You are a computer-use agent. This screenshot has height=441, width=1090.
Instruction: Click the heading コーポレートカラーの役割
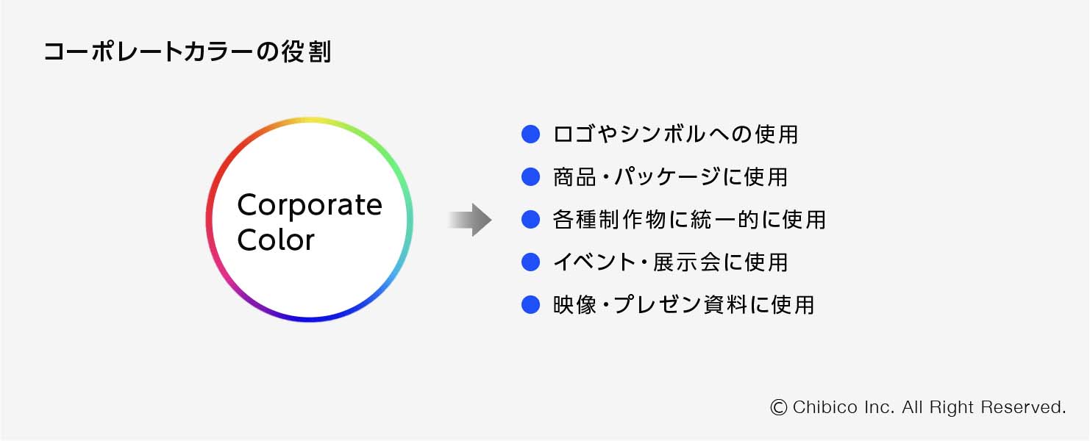(x=188, y=52)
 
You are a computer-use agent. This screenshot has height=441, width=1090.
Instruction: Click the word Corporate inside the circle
(x=310, y=205)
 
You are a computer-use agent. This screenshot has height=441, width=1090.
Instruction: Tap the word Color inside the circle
(x=276, y=240)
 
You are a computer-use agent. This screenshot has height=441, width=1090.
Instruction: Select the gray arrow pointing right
(x=471, y=220)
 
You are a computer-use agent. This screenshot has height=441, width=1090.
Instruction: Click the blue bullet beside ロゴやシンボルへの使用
(x=530, y=134)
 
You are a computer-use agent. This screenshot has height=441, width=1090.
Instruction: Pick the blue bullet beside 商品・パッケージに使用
(x=530, y=176)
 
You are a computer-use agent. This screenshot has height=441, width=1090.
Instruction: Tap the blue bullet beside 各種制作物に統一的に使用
(x=530, y=219)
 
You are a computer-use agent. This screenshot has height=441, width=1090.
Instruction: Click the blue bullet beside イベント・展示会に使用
(x=530, y=262)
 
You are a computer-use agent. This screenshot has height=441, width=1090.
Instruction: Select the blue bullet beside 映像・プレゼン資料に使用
(x=530, y=304)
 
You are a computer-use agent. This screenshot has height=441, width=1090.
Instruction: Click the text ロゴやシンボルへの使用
(x=675, y=135)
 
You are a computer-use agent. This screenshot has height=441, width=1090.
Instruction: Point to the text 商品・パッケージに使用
(x=670, y=177)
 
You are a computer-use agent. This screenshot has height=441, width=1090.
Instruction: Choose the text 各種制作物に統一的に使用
(x=689, y=220)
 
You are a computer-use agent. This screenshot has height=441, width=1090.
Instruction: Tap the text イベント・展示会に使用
(x=670, y=262)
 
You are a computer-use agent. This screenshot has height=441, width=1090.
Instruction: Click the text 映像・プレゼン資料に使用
(x=683, y=305)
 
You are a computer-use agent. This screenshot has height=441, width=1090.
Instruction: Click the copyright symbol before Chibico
(x=779, y=407)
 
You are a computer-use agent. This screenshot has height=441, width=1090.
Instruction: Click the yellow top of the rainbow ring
(x=310, y=119)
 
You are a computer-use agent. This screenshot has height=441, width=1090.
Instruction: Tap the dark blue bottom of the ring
(x=310, y=320)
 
